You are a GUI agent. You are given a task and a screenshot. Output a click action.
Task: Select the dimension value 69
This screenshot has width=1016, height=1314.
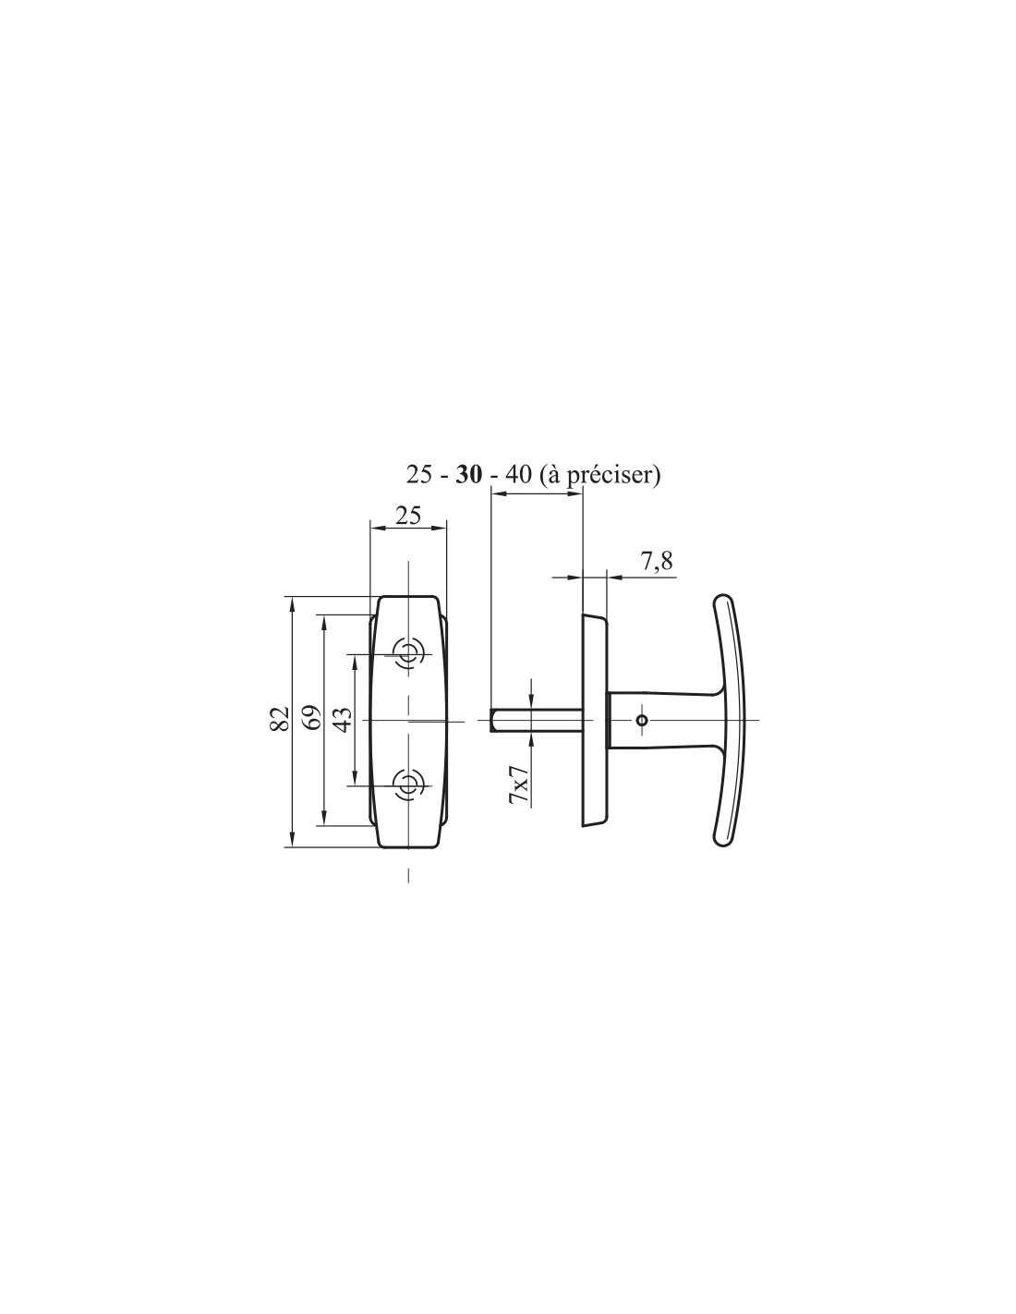click(310, 718)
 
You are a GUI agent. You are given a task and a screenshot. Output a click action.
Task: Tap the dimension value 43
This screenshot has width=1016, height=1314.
click(342, 720)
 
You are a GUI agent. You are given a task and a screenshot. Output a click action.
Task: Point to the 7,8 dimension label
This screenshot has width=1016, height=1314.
click(656, 563)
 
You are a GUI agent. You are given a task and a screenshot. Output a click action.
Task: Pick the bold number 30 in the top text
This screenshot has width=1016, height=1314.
click(469, 475)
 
